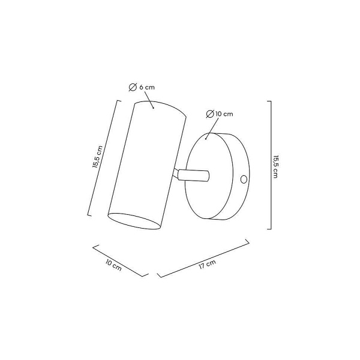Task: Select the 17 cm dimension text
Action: (208, 264)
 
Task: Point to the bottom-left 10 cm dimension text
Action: (113, 265)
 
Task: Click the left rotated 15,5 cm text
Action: (97, 157)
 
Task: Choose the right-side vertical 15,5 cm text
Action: (275, 167)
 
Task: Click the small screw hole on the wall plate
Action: (244, 179)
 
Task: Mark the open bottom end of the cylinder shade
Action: (134, 221)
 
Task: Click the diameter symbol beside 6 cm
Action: (133, 88)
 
